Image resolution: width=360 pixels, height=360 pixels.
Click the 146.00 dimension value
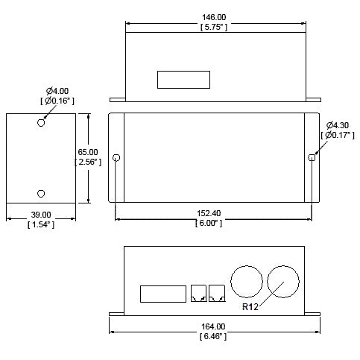[x=214, y=17]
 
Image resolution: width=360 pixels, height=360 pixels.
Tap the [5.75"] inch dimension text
[x=214, y=27]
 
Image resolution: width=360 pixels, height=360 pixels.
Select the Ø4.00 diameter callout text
[x=57, y=91]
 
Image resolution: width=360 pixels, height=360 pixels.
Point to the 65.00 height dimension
[x=88, y=152]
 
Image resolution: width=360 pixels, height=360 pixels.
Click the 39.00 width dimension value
[x=41, y=215]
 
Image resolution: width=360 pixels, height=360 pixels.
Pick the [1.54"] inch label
[x=41, y=224]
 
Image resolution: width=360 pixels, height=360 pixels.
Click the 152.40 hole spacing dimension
[x=209, y=213]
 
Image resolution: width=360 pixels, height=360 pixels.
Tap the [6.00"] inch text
[x=209, y=223]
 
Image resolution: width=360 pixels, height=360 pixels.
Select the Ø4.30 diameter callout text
[x=338, y=125]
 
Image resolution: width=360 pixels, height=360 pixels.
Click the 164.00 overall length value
[x=213, y=326]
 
